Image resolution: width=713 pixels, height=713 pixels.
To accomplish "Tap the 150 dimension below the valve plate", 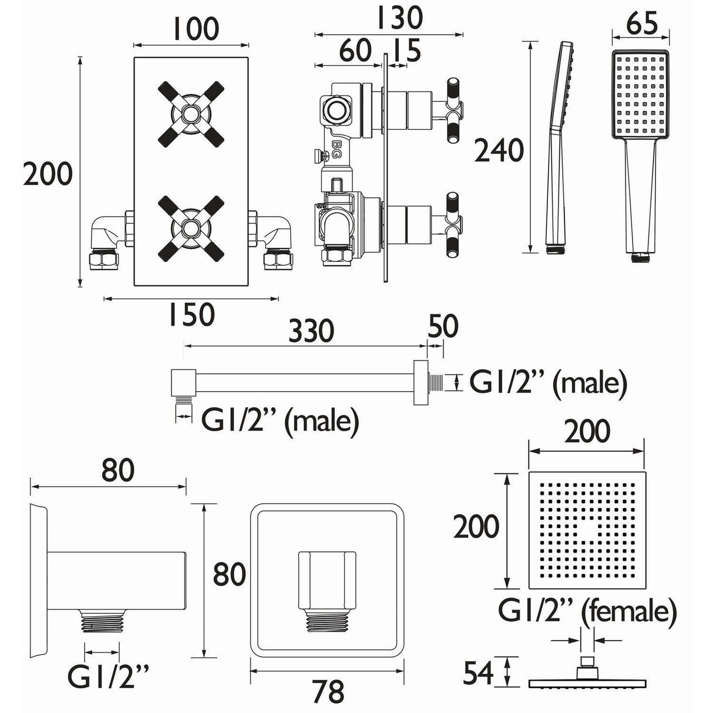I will click(192, 315).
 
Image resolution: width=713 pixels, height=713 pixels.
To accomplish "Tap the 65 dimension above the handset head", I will click(641, 27).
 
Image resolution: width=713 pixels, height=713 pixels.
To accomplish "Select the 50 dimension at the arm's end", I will click(443, 327).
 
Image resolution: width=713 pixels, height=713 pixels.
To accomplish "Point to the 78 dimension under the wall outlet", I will click(328, 691).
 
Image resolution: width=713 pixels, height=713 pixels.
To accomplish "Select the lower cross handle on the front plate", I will click(191, 228).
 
